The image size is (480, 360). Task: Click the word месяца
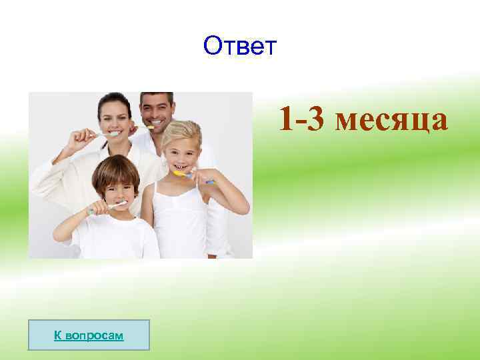point(392,120)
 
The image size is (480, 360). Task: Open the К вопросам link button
point(89,335)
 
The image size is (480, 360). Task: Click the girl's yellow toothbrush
point(190,176)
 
